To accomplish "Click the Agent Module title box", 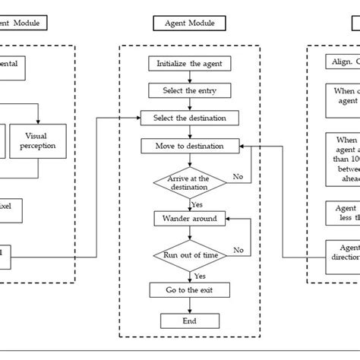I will tap(189, 24).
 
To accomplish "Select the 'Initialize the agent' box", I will tap(189, 65).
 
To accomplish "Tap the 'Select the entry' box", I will tap(189, 91).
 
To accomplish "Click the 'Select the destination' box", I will tap(189, 118).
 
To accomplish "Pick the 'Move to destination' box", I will tap(189, 145).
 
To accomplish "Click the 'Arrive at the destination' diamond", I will tap(189, 182).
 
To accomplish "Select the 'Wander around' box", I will tap(189, 219).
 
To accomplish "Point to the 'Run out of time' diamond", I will tap(189, 255).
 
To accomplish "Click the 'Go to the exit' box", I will tap(189, 291).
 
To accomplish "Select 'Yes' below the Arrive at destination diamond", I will tap(197, 204).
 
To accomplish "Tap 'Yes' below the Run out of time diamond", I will tap(199, 276).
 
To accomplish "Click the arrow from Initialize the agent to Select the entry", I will tap(189, 78).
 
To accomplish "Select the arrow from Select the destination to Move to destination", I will tap(189, 131).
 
